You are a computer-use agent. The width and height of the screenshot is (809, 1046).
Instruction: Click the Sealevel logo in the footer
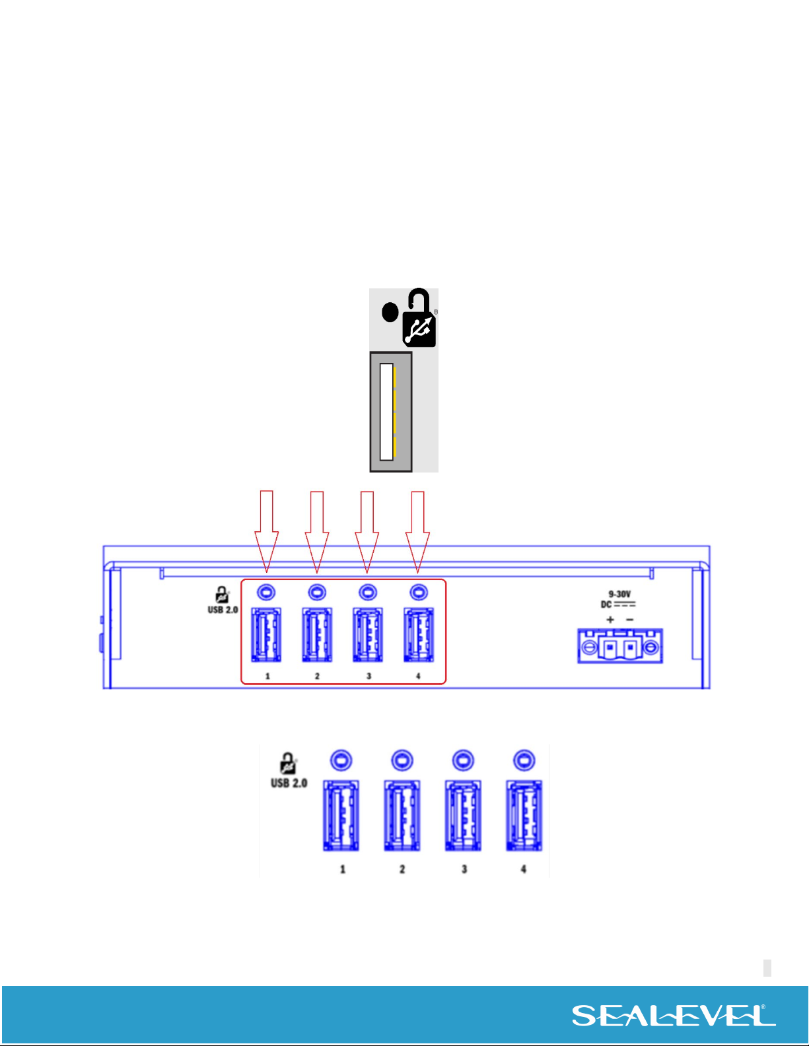674,1015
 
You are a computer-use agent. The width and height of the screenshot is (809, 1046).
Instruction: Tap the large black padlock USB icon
419,317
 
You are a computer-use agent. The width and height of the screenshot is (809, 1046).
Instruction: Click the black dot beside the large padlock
390,312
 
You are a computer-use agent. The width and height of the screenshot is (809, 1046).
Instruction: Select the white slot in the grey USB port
386,412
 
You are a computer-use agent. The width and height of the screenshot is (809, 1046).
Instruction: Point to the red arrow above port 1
267,531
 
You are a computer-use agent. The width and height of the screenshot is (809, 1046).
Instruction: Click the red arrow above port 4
417,532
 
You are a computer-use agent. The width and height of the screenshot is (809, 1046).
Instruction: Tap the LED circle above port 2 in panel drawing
317,591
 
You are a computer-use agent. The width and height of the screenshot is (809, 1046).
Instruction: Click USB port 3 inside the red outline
368,635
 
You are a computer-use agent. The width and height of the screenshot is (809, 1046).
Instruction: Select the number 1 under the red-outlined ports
267,676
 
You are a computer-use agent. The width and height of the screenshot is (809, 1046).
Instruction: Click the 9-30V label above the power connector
619,595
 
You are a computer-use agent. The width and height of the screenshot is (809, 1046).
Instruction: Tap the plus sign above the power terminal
610,620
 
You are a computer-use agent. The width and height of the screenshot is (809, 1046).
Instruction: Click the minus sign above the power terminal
629,620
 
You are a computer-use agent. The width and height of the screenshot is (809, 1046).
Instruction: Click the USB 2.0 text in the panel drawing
223,610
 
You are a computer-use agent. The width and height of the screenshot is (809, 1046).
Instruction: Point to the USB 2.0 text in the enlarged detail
289,783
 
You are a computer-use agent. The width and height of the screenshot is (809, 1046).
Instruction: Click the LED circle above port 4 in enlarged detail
524,760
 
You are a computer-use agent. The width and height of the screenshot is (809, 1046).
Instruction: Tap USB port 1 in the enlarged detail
341,816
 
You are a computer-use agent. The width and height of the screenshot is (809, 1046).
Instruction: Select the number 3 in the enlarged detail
464,869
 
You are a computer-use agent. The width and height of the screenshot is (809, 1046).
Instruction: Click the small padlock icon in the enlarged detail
288,764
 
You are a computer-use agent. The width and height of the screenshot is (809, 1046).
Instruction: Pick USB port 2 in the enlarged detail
402,816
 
